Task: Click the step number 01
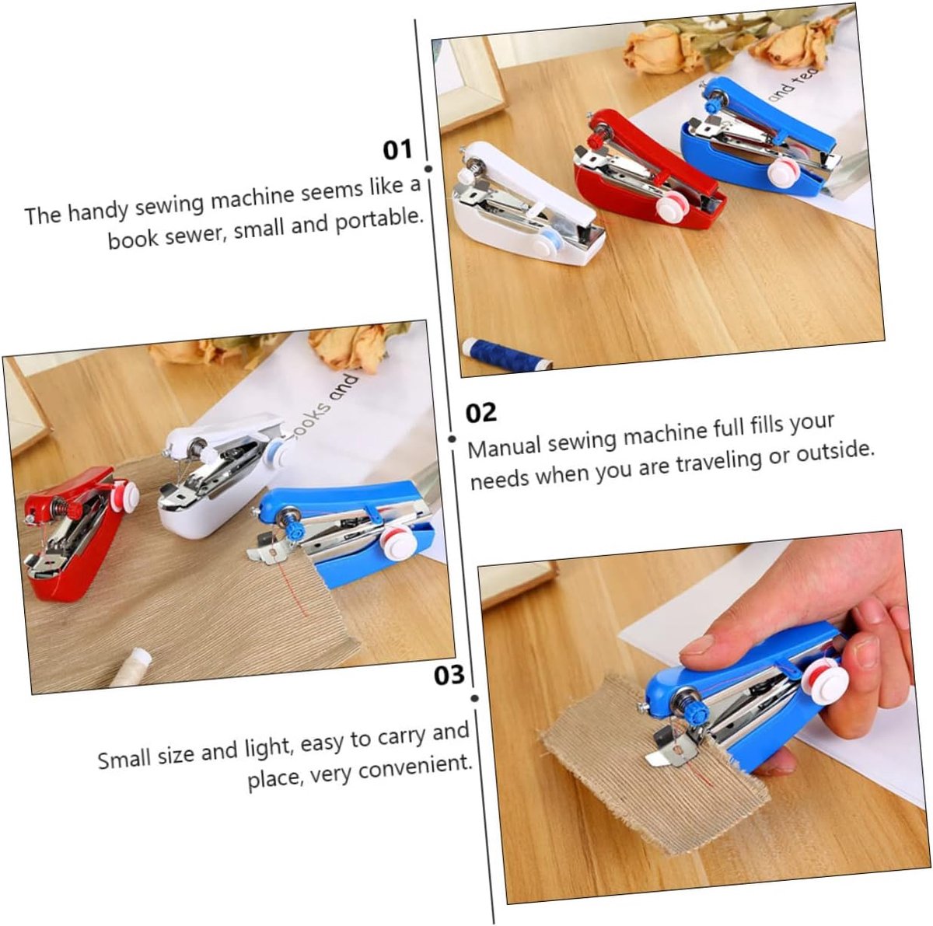pos(397,150)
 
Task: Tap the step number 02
pos(481,413)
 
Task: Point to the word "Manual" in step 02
pos(505,448)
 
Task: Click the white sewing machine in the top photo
pos(529,204)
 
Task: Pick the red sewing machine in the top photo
pos(648,169)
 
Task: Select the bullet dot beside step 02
pos(452,439)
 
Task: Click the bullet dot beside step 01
pos(428,169)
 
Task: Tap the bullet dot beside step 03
pos(474,698)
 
